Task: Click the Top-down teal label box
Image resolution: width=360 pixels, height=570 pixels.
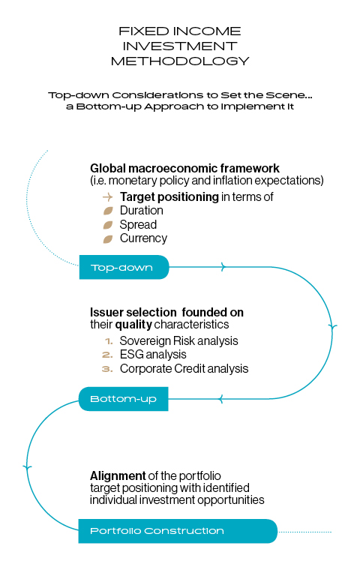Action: (x=124, y=267)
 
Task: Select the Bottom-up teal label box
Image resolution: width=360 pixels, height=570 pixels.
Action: (x=123, y=399)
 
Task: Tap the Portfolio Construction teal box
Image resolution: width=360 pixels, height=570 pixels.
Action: (x=178, y=531)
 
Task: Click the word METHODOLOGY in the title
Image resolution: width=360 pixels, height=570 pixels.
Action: (x=180, y=61)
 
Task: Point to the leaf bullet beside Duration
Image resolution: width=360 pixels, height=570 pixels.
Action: (x=108, y=211)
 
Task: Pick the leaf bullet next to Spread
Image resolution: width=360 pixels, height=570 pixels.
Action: (x=108, y=225)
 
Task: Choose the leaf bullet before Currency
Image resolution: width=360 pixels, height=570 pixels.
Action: (x=108, y=238)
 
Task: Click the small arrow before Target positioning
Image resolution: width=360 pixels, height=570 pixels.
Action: (x=108, y=197)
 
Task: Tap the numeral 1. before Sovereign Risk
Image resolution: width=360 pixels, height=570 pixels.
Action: (x=109, y=341)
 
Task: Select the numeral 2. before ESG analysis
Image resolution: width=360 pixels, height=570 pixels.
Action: (x=108, y=355)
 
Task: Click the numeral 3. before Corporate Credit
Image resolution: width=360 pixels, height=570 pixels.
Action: (x=108, y=369)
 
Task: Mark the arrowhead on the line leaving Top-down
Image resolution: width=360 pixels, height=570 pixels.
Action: (x=223, y=267)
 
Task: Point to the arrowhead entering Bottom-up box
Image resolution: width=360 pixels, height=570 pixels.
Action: (x=220, y=399)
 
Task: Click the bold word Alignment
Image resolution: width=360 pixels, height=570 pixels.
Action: (x=118, y=475)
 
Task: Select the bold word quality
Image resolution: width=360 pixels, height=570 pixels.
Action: (x=133, y=325)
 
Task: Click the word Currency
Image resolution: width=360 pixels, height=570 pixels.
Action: (x=144, y=238)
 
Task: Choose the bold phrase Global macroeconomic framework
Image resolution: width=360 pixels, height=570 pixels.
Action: (x=184, y=168)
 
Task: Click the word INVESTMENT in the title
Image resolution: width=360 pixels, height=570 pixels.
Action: (x=180, y=46)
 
